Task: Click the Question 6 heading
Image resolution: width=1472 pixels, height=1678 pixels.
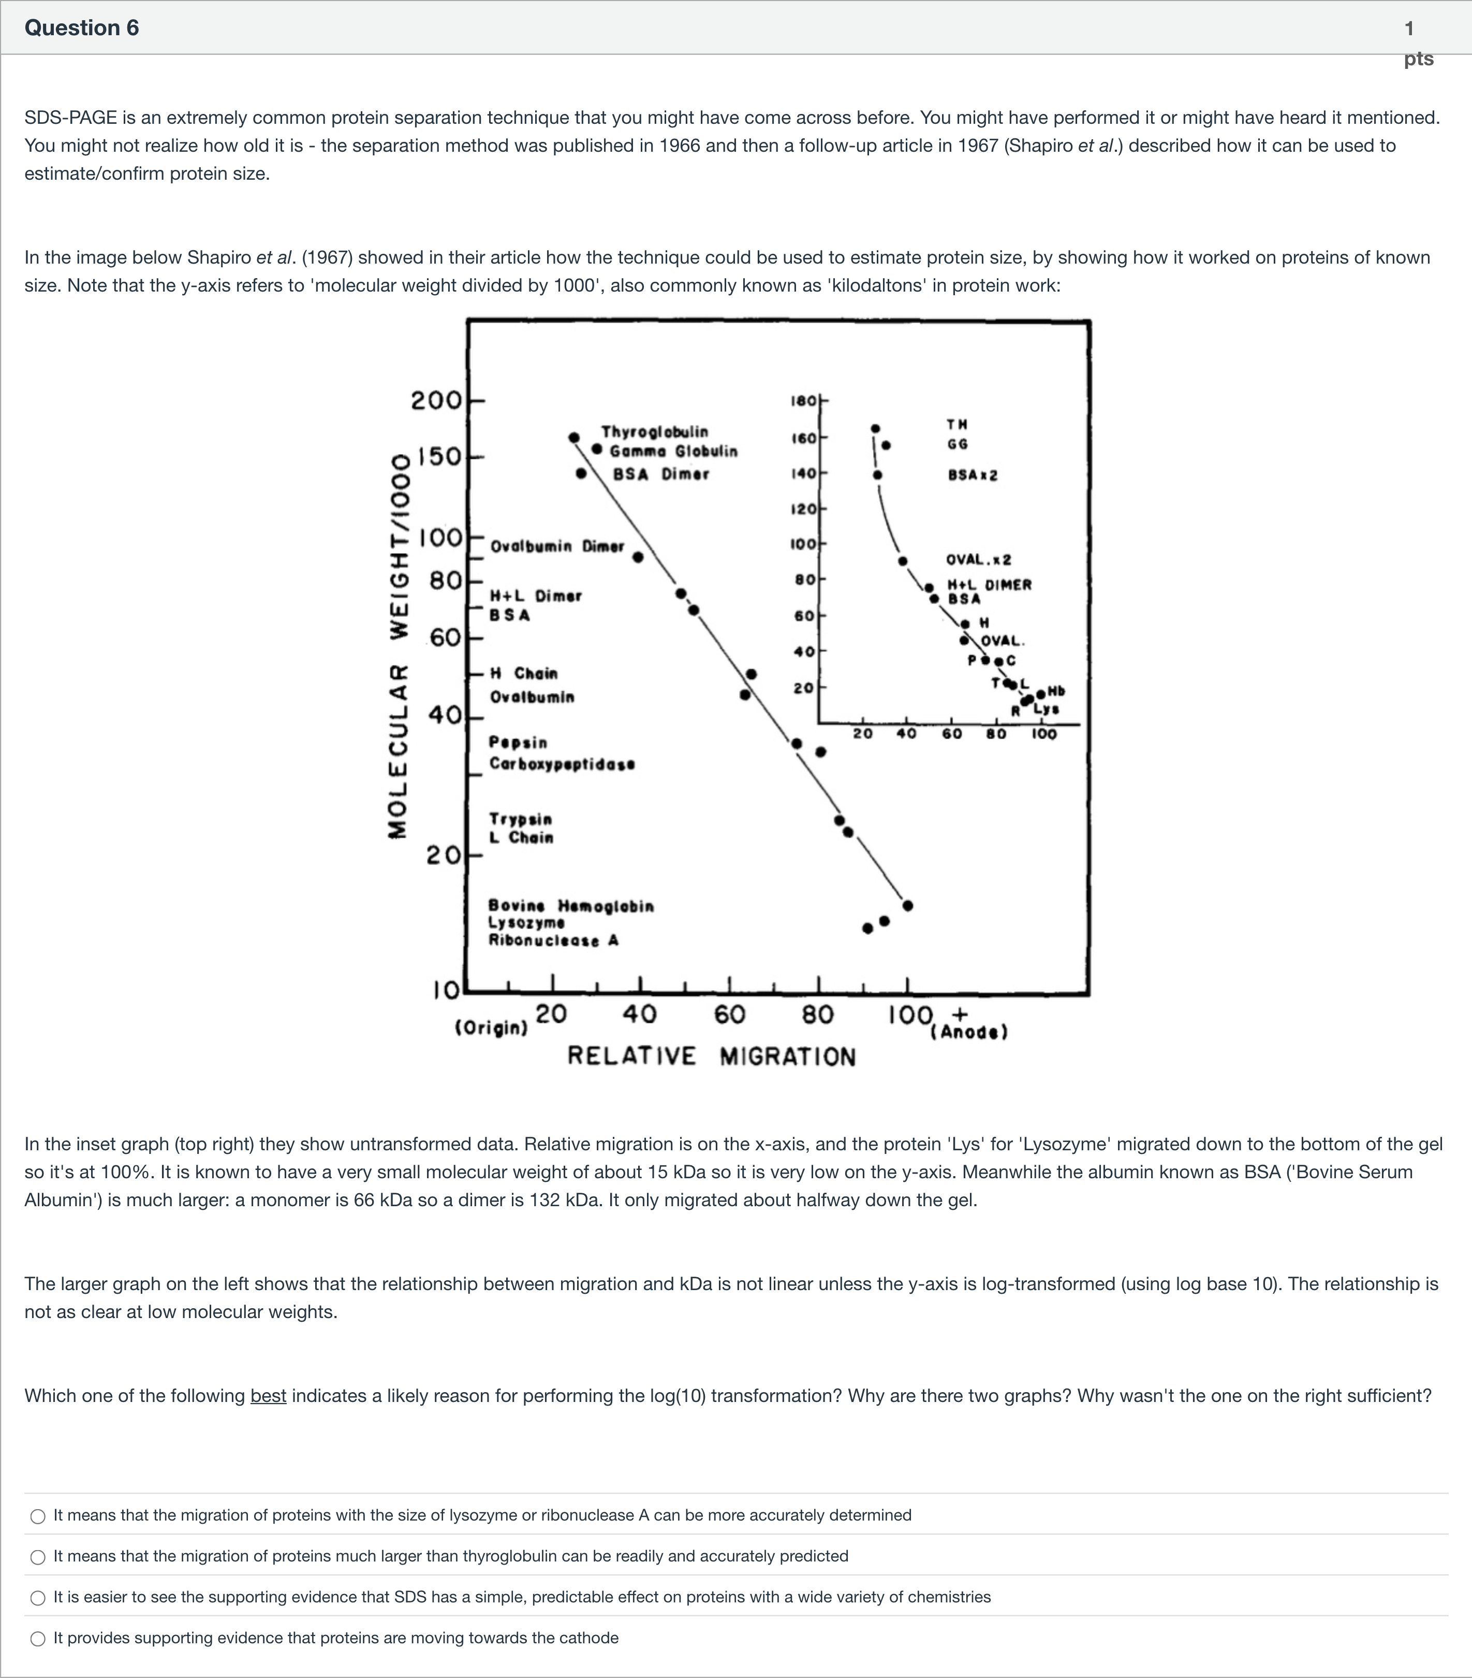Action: tap(82, 28)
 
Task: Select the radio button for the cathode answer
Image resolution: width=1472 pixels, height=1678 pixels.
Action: tap(38, 1639)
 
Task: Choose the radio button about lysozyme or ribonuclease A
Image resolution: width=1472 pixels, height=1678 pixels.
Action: tap(38, 1516)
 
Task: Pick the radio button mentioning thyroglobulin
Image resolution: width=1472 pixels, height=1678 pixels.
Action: tap(38, 1557)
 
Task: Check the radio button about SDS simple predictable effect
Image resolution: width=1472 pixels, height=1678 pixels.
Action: tap(38, 1598)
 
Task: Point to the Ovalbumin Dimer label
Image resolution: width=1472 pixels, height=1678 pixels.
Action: tap(557, 546)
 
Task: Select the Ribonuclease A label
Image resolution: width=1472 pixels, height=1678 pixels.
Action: tap(554, 941)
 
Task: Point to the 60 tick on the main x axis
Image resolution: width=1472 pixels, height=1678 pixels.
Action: tap(729, 1015)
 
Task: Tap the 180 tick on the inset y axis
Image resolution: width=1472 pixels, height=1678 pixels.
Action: tap(803, 401)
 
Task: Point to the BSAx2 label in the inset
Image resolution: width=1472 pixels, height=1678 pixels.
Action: tap(973, 475)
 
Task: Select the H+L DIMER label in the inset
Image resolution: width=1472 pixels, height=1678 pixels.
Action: tap(990, 585)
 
